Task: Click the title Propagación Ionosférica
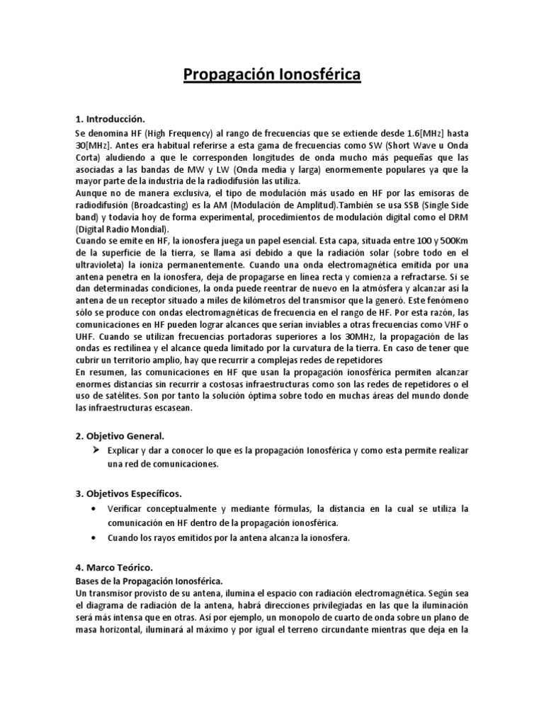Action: (272, 75)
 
